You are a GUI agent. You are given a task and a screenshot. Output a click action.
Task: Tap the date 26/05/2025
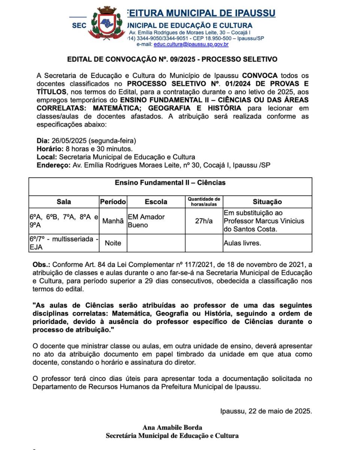69,141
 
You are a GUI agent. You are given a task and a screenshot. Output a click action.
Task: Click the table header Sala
64,202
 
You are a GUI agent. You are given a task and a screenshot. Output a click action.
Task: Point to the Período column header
113,202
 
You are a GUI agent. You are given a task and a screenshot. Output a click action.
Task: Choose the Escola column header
156,202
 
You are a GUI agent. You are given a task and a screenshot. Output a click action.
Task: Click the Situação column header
267,202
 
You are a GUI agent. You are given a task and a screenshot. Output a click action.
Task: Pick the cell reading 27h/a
204,221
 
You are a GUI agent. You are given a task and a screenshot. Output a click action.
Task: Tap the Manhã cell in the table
113,221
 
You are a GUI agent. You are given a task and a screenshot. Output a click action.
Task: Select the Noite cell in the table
113,243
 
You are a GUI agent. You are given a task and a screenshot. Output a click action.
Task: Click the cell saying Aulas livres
242,243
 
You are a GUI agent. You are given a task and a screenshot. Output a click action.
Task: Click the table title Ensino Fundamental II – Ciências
170,183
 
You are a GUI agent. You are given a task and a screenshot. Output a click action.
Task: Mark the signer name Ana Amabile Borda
172,427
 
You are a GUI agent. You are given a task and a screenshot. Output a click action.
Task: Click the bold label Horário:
49,149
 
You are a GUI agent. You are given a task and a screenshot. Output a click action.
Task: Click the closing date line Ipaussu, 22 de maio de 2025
266,411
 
